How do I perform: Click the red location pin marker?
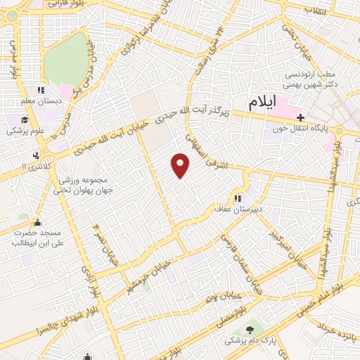click(x=181, y=165)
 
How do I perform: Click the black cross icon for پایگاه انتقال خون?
click(x=300, y=117)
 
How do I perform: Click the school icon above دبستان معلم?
click(x=41, y=91)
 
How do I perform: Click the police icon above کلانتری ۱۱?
click(x=35, y=155)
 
